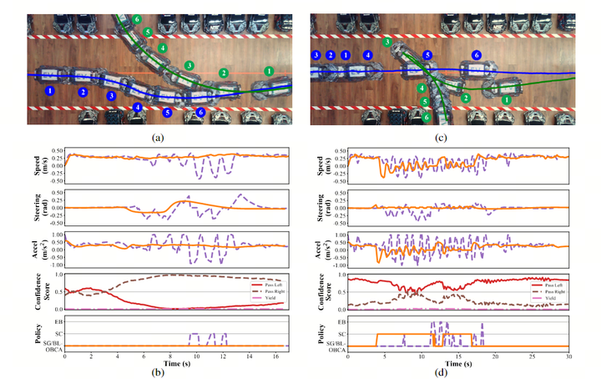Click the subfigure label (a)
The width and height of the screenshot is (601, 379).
(x=159, y=135)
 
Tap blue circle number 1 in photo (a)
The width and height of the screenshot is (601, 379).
(x=49, y=89)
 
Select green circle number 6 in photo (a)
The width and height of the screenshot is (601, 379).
(x=137, y=18)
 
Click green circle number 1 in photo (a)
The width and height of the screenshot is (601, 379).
(x=268, y=72)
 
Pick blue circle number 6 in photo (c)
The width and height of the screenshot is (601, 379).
(x=477, y=55)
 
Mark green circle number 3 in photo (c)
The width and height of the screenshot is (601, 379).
(x=386, y=42)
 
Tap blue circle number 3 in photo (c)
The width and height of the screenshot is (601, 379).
(x=316, y=55)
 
